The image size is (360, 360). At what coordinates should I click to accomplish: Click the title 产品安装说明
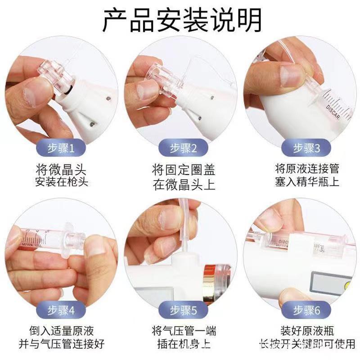pos(182,20)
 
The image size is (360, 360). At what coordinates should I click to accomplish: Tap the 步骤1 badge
pos(61,148)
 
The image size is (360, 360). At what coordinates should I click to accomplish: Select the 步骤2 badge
pos(183,148)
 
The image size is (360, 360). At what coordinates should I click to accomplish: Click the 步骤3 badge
pos(306,148)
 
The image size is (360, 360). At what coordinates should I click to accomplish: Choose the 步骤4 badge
pos(61,310)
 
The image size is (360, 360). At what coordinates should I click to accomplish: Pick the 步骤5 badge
pos(183,310)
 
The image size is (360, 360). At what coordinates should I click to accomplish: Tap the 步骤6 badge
pos(306,310)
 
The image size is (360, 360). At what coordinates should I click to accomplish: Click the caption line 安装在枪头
pos(62,182)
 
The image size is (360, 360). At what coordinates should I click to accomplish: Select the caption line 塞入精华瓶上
pos(307,182)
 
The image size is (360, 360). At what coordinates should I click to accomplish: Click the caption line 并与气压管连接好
pos(62,344)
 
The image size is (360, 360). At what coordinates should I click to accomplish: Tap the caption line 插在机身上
pos(184,344)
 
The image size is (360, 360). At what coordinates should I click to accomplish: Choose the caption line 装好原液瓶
pos(307,331)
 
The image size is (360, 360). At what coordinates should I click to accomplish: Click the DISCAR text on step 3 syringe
pos(333,112)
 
